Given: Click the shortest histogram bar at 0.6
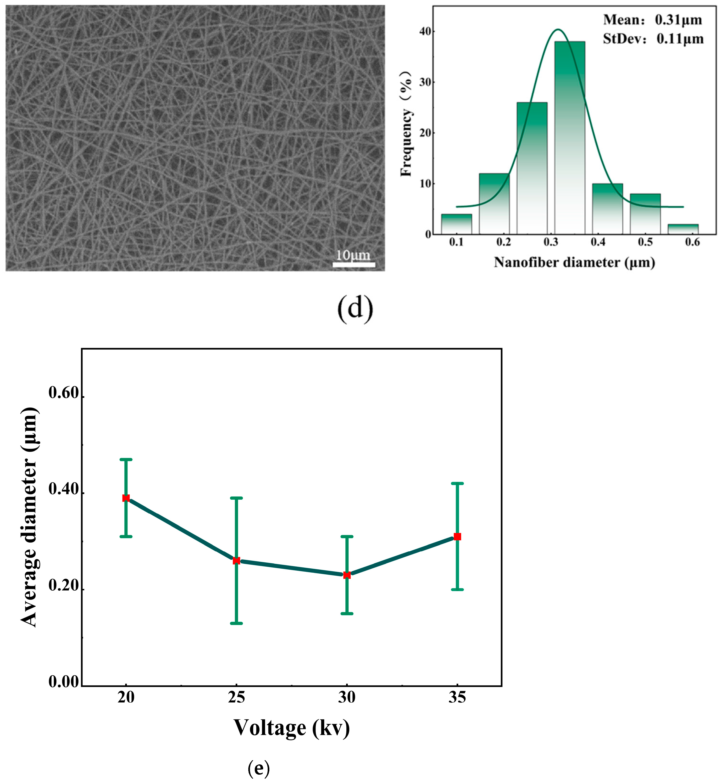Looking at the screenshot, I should click(683, 229).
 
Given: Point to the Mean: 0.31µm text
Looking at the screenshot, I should click(652, 20).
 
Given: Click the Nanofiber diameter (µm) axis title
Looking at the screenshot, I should click(574, 263).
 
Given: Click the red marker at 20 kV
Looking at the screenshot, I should click(126, 498).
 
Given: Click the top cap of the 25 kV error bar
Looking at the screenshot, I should click(236, 498).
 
